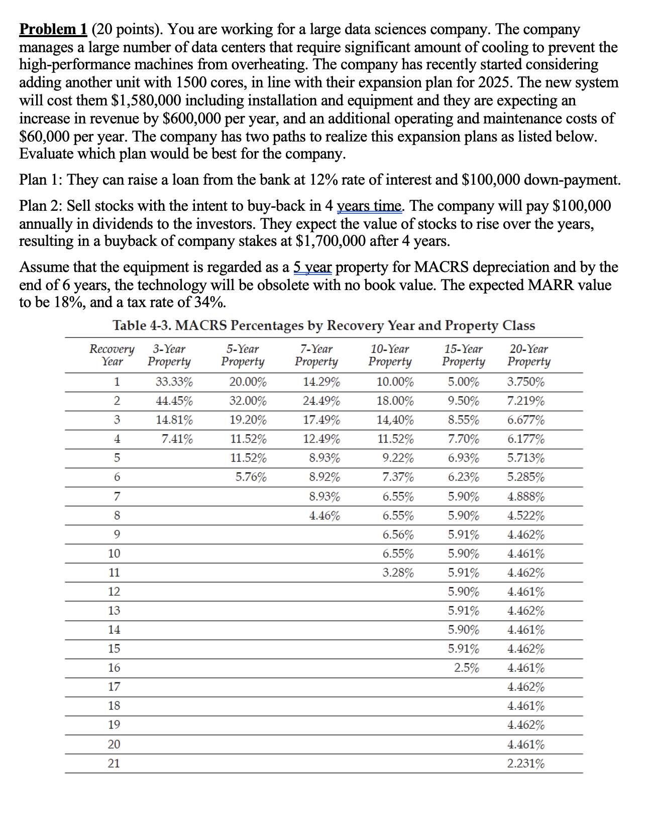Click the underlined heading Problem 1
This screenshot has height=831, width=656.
[53, 30]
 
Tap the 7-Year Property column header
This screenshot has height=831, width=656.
[316, 355]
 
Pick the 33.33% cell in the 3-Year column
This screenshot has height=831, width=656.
[174, 382]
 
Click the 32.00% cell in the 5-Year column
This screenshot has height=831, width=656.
[248, 401]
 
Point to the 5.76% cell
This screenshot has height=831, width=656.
[251, 477]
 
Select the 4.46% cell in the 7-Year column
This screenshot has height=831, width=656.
[324, 515]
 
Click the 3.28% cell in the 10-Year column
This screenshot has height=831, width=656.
[398, 573]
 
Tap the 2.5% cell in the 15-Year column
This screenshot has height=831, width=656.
[467, 668]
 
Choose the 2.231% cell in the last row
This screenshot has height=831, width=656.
[526, 764]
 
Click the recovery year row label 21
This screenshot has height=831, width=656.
[114, 764]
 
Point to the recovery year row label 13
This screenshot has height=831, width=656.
[114, 611]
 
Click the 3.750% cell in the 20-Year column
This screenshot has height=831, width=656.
[526, 382]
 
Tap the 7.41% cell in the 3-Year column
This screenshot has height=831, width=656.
[177, 439]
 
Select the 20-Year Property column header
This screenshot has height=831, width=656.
[528, 355]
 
